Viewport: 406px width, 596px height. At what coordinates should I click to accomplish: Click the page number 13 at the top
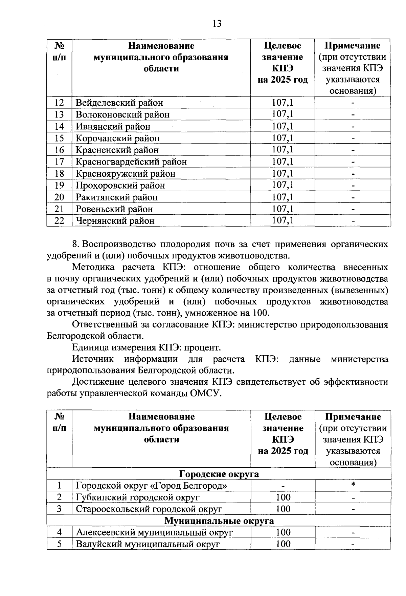[x=217, y=23]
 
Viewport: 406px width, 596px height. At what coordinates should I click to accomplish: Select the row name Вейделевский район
[x=119, y=103]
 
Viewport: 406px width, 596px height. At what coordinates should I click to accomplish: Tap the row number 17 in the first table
[x=59, y=162]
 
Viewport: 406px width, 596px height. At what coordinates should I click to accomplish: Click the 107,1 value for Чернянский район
[x=283, y=221]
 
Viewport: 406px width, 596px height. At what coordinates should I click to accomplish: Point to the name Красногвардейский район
[x=131, y=162]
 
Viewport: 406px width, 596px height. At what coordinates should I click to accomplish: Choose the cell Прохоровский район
[x=120, y=186]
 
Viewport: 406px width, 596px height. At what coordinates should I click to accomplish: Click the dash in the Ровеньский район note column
[x=353, y=209]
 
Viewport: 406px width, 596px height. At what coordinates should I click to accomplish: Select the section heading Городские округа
[x=219, y=474]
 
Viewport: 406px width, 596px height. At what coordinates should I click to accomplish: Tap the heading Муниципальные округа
[x=219, y=520]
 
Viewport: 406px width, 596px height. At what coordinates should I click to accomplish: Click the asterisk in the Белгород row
[x=353, y=485]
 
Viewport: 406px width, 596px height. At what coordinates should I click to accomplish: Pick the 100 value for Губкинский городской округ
[x=283, y=497]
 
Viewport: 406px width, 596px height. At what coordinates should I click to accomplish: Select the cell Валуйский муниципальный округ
[x=148, y=544]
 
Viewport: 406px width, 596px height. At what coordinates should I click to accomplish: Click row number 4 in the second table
[x=59, y=532]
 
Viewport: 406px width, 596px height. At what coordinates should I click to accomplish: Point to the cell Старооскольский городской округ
[x=149, y=509]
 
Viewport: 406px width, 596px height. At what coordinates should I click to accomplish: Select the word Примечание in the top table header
[x=352, y=46]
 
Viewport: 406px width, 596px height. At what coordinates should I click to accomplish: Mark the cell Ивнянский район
[x=113, y=127]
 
